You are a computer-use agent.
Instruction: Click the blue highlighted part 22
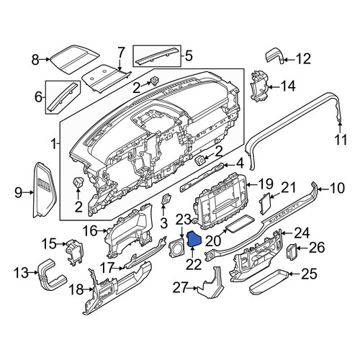(x=194, y=240)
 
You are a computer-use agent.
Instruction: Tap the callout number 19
(x=265, y=184)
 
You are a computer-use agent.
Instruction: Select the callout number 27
(x=181, y=287)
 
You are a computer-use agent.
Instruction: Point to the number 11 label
(x=341, y=140)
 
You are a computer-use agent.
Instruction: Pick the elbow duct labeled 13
(x=51, y=275)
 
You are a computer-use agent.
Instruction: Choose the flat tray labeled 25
(x=269, y=282)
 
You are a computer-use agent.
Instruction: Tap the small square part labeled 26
(x=292, y=251)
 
